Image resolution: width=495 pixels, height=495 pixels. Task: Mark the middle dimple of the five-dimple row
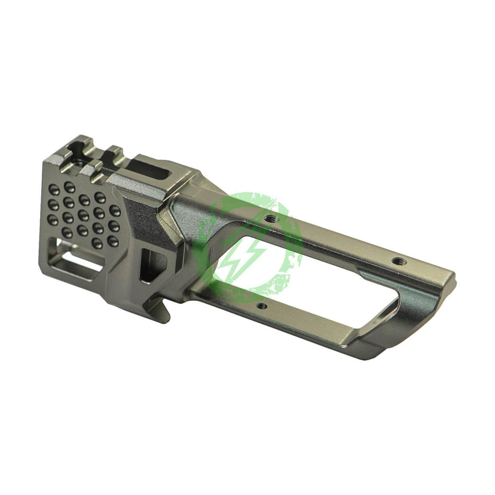83,213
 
